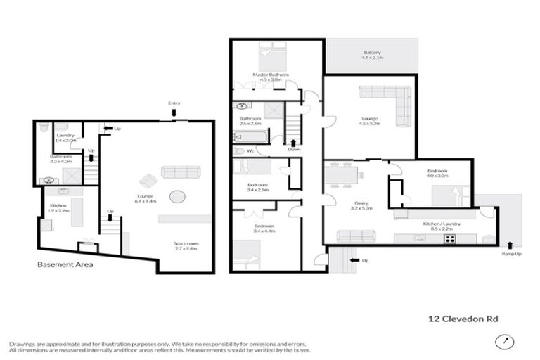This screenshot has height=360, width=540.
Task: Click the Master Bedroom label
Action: pyautogui.click(x=266, y=77)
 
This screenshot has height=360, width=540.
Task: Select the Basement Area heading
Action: pyautogui.click(x=65, y=265)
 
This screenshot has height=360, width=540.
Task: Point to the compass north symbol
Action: pyautogui.click(x=503, y=342)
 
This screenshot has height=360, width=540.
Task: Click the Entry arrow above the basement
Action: pyautogui.click(x=174, y=112)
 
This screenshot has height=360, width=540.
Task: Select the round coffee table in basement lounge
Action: pyautogui.click(x=176, y=197)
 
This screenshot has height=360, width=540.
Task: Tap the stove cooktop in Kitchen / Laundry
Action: pyautogui.click(x=450, y=239)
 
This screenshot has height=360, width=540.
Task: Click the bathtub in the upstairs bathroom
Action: pyautogui.click(x=250, y=137)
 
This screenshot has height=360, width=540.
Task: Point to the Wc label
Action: pyautogui.click(x=239, y=150)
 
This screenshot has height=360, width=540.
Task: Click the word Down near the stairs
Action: pyautogui.click(x=294, y=149)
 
